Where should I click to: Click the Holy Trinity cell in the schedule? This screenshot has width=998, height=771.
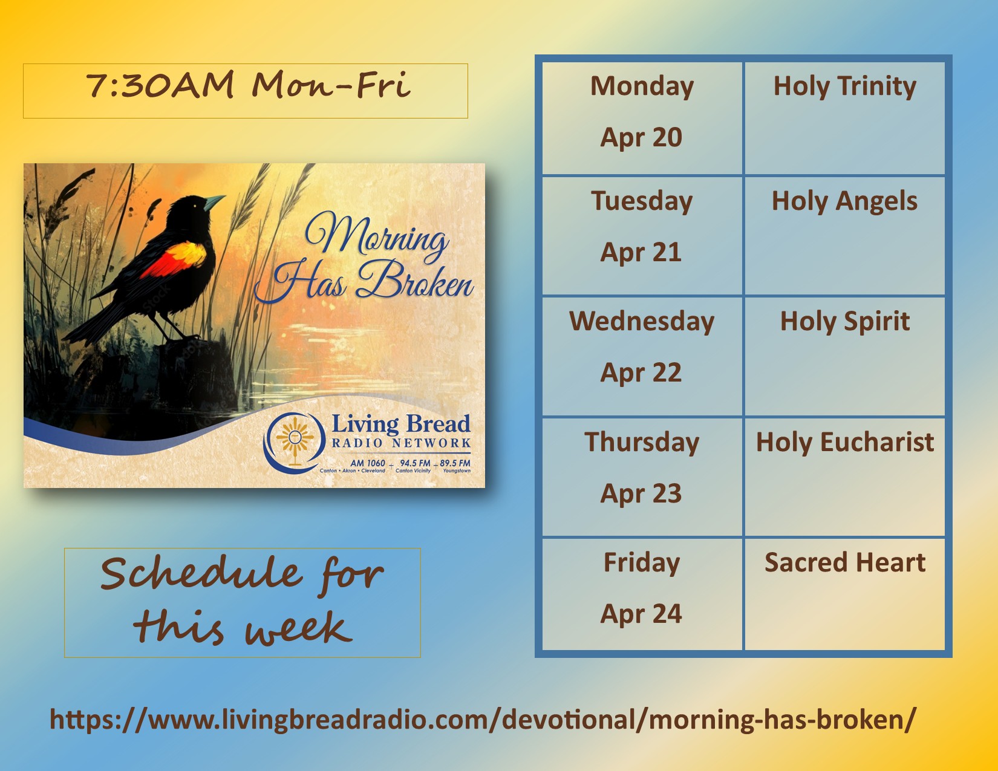[844, 119]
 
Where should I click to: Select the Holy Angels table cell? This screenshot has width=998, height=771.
[844, 236]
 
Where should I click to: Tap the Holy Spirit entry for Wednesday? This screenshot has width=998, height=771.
[844, 356]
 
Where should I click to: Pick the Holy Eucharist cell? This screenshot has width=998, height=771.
[844, 477]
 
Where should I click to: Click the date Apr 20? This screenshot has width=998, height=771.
[641, 138]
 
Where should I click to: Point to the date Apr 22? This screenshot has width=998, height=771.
[641, 372]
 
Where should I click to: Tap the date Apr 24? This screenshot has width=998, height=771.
[641, 614]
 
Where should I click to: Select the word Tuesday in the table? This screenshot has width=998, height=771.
[642, 201]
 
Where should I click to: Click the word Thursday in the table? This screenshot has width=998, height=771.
[642, 443]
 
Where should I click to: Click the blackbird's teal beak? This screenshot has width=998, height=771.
[214, 201]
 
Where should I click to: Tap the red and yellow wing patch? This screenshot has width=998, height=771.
[175, 259]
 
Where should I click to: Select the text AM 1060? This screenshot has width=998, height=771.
[367, 463]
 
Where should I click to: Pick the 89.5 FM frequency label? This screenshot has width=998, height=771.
[455, 463]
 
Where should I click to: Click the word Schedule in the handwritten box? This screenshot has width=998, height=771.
[201, 573]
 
